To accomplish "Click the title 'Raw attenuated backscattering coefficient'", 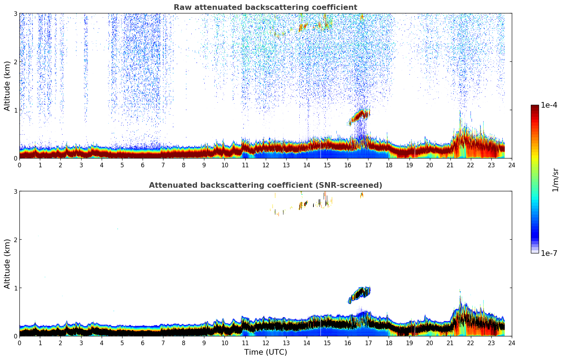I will [x=265, y=7].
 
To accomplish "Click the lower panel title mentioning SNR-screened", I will [x=265, y=185].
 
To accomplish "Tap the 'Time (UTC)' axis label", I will [x=265, y=352].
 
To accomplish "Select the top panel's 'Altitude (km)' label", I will [x=7, y=86].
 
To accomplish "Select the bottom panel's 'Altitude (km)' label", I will [x=7, y=264].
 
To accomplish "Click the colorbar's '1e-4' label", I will [x=549, y=105].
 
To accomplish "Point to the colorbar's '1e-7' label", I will [x=549, y=253].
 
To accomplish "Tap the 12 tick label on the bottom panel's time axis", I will [x=265, y=343].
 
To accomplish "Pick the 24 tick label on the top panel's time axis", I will [x=512, y=165].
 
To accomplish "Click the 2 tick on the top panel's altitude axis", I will [x=15, y=62].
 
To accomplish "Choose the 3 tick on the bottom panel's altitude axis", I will [x=15, y=191].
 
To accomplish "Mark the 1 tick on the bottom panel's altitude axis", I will [x=15, y=288].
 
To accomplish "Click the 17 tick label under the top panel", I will [x=368, y=165].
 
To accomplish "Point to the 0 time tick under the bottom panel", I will [x=19, y=343].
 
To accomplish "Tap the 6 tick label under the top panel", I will [x=143, y=165].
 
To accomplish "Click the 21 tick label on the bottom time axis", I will [x=450, y=343].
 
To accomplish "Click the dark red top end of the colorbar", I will [x=535, y=107].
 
